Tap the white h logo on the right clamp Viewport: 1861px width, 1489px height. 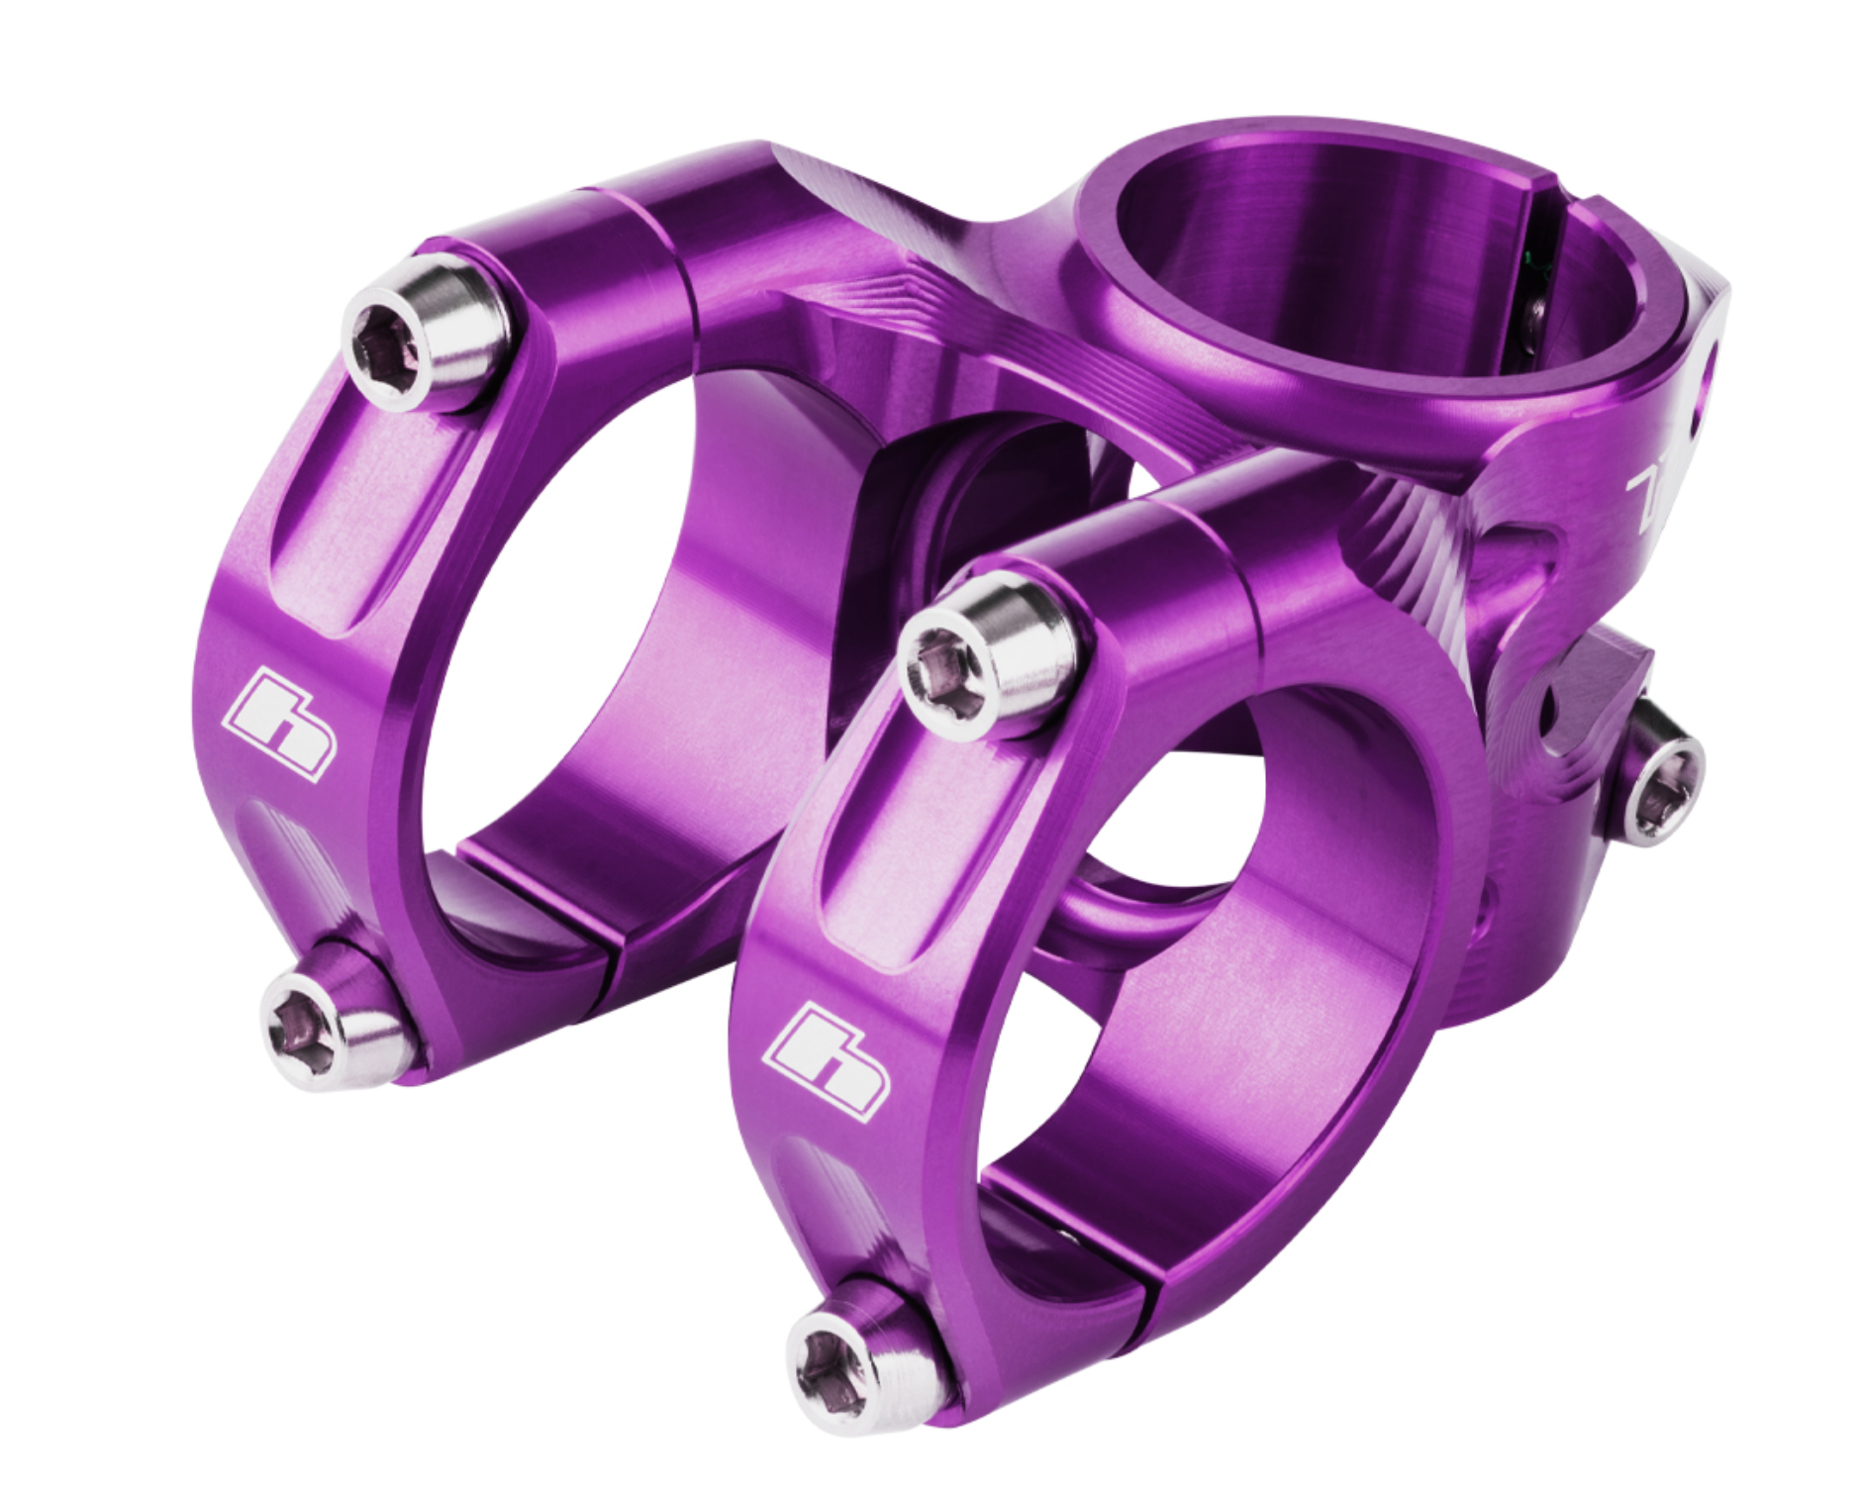(x=830, y=1061)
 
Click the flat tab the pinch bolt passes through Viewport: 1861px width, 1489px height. (x=1594, y=683)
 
